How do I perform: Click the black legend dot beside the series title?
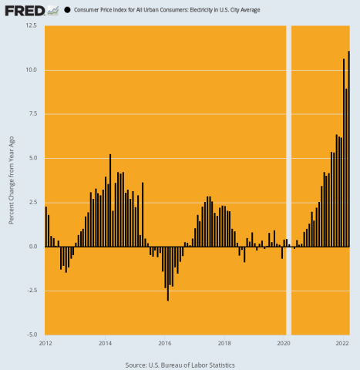point(68,10)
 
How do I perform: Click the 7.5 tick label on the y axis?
point(32,114)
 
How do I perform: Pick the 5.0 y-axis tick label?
point(32,158)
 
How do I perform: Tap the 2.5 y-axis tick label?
point(32,203)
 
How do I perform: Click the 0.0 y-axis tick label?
point(32,247)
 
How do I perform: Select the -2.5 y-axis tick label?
point(31,291)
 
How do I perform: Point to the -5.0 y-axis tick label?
point(31,335)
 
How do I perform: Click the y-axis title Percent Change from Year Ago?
point(11,180)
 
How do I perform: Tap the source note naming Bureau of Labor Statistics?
point(180,365)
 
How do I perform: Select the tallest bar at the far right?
point(348,149)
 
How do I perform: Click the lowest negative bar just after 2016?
point(168,274)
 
